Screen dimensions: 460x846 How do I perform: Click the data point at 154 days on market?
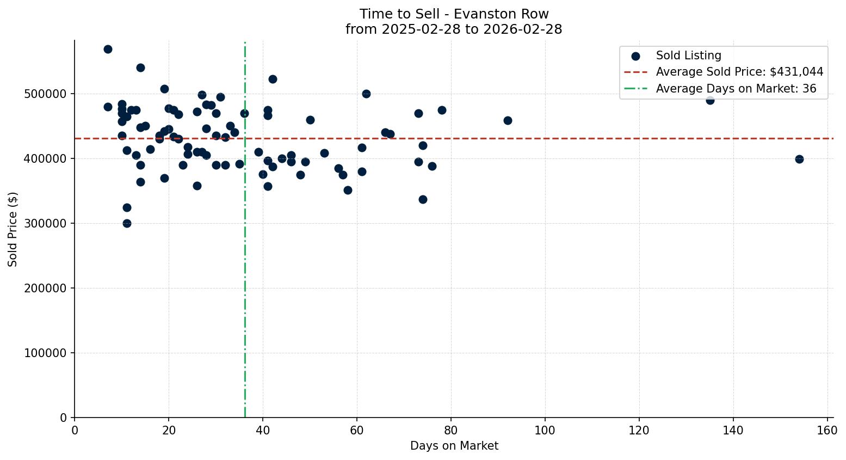[799, 159]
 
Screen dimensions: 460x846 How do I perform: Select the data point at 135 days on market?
[710, 100]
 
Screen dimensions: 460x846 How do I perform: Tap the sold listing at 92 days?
[508, 120]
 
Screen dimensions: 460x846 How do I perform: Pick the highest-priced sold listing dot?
[108, 49]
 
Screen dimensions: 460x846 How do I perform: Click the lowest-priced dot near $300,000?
[127, 223]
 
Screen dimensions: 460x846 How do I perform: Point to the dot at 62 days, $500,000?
[366, 94]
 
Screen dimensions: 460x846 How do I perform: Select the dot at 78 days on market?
[442, 110]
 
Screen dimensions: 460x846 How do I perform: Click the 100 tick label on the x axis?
[545, 431]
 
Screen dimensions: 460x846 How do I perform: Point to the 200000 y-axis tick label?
[46, 288]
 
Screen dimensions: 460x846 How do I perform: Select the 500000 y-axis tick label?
[46, 94]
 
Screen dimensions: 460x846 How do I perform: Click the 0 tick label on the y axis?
[64, 418]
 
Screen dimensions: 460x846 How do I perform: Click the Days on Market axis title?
[454, 446]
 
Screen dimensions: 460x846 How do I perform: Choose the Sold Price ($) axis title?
[13, 229]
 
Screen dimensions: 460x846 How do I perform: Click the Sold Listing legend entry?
[688, 56]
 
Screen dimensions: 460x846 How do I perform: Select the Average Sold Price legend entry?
[739, 72]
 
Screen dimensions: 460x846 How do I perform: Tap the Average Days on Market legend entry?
[736, 89]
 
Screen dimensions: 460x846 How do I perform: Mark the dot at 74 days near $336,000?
[423, 199]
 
